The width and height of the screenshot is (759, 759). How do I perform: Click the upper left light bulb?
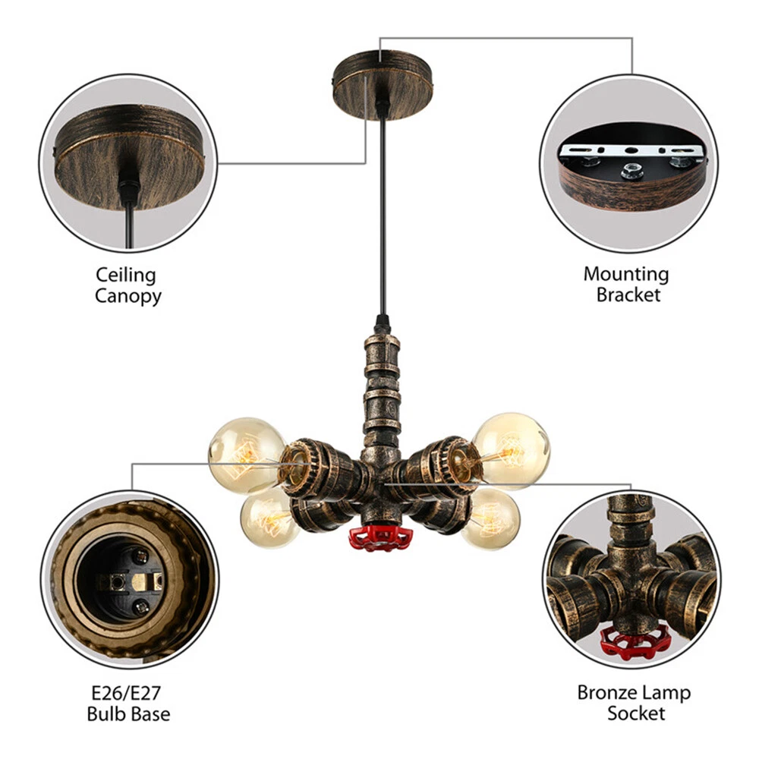tap(245, 454)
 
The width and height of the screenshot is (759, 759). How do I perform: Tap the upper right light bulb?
tap(510, 449)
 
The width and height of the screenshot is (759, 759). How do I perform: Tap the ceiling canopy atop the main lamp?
tap(383, 82)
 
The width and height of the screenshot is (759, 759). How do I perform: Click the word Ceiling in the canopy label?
tap(126, 274)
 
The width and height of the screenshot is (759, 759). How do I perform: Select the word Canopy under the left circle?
tap(128, 295)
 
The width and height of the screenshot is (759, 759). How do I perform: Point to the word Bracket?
tap(628, 294)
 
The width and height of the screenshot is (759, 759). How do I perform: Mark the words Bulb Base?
tap(128, 713)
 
